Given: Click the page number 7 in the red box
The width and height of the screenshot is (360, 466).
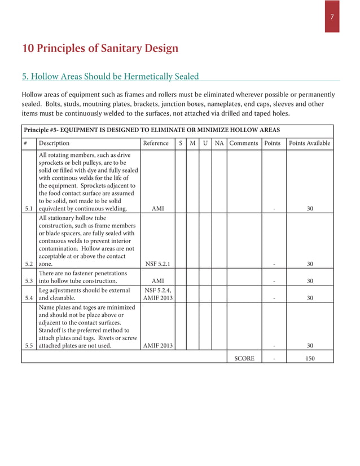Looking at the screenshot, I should (332, 17).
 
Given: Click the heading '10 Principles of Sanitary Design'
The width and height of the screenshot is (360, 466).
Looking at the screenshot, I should (100, 48).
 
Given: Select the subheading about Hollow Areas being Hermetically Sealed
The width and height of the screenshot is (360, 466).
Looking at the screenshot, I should (110, 76).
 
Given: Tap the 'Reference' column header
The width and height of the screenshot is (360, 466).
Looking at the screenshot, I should (156, 143).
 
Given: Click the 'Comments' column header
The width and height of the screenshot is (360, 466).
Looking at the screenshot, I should (244, 143).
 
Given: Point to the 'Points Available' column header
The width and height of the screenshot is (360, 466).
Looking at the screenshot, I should (309, 143).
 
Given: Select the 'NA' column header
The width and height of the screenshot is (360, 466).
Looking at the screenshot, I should (219, 143).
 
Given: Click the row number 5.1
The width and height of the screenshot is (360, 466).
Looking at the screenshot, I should (29, 208).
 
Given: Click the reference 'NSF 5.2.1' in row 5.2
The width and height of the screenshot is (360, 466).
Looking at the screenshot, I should (158, 263).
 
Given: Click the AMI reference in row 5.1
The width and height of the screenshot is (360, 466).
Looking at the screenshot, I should (158, 208).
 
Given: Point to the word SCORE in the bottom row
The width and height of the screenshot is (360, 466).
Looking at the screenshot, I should (244, 358).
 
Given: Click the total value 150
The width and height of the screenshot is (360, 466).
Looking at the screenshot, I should (309, 358).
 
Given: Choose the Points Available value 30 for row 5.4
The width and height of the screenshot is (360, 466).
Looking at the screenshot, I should (309, 298).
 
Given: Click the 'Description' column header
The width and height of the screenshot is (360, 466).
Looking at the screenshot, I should (54, 143).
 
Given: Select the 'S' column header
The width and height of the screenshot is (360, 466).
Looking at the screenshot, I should (180, 143).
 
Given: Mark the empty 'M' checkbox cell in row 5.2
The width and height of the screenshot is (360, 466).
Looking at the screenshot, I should (192, 241).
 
